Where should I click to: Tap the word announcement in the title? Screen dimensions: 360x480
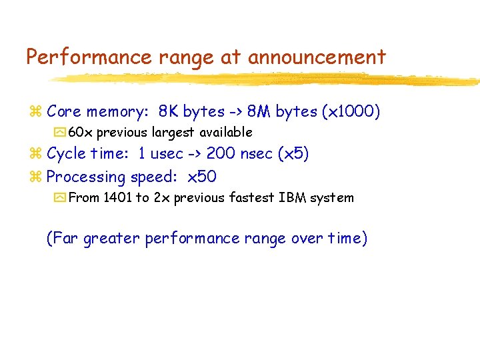coord(316,57)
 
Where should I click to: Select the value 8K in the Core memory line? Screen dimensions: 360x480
coord(169,111)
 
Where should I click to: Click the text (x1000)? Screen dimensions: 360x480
coord(351,111)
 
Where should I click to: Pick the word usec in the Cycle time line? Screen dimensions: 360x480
coord(166,154)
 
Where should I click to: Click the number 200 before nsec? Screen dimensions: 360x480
coord(221,154)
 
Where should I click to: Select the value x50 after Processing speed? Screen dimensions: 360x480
coord(203,177)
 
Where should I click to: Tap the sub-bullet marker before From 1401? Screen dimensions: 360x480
coord(61,197)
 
